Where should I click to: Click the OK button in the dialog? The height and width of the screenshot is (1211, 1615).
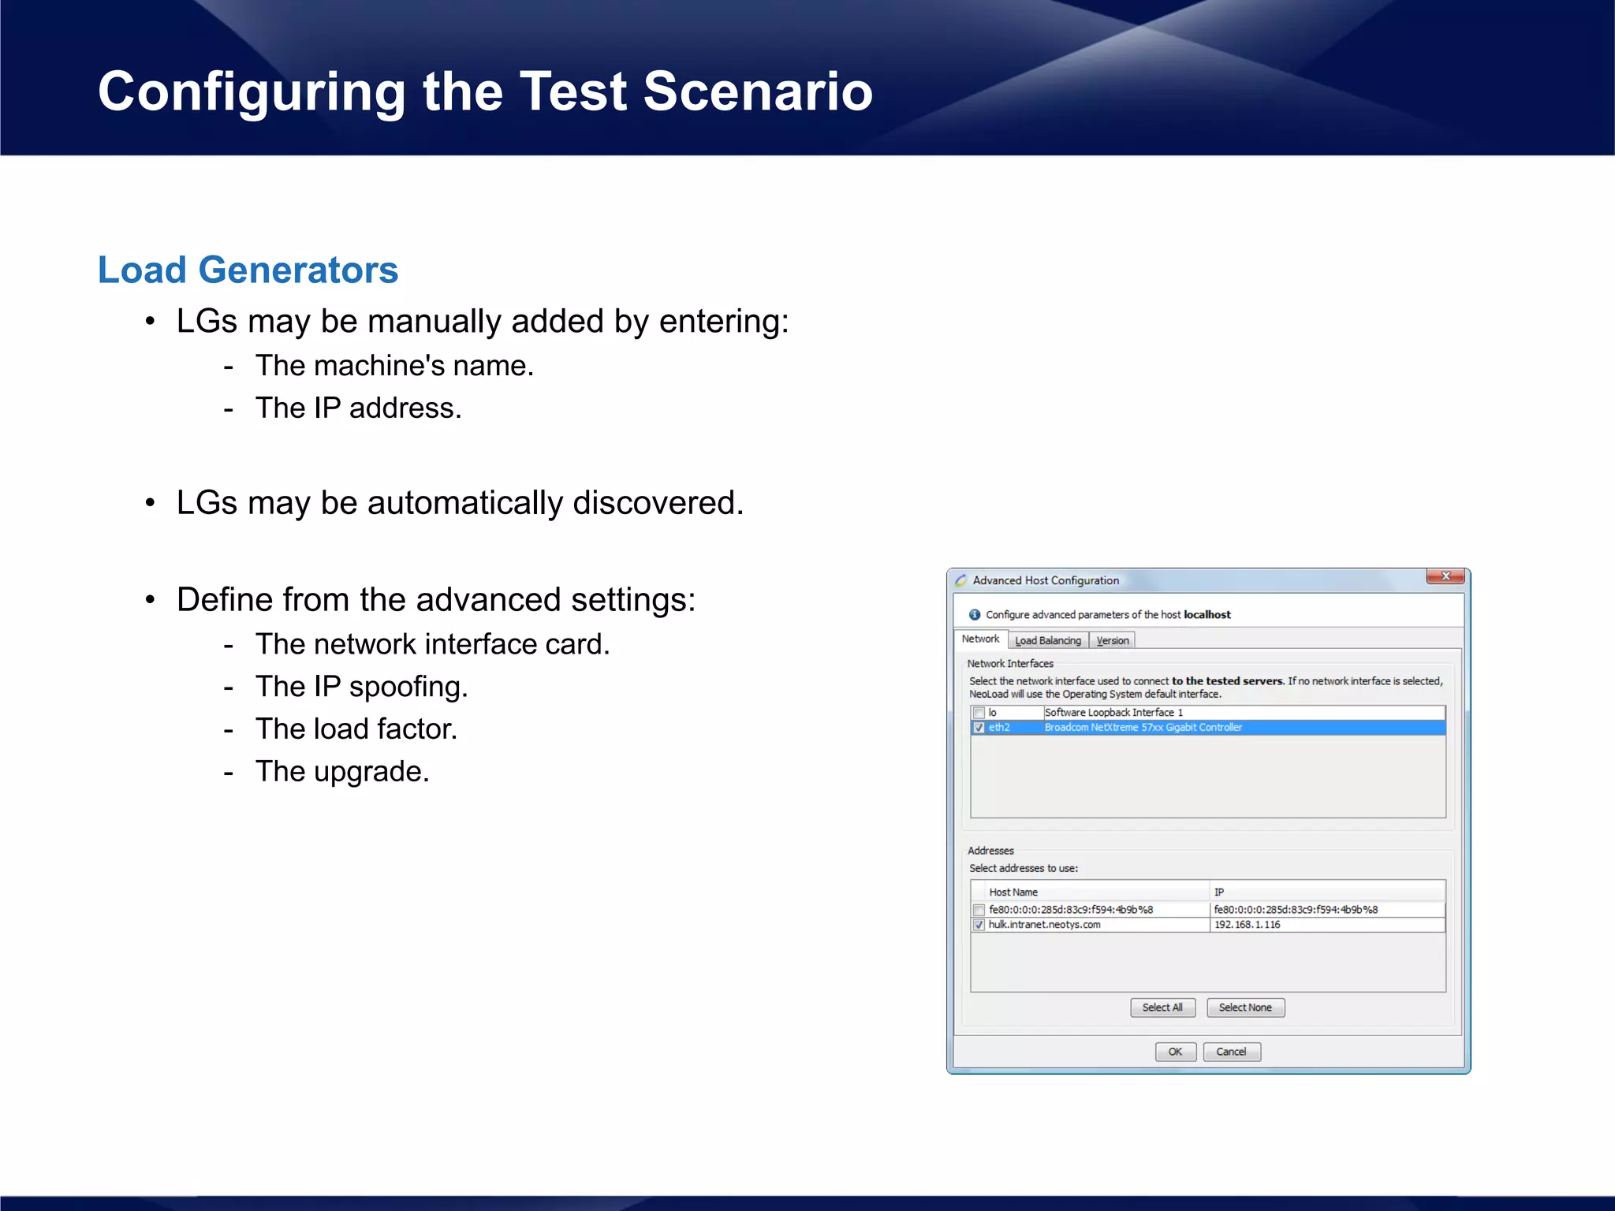click(1175, 1052)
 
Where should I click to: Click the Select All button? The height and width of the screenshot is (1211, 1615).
click(1162, 1008)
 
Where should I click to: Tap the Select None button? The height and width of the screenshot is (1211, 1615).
click(1245, 1008)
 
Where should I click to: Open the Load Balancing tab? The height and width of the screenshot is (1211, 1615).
click(1047, 640)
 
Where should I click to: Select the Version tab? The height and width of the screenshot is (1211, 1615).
click(1112, 640)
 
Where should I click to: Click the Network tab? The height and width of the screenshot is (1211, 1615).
click(980, 639)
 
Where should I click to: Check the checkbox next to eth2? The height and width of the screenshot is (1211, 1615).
click(979, 728)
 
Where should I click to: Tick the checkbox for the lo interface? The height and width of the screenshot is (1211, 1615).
click(979, 713)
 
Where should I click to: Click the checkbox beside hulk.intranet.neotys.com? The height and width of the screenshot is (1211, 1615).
click(979, 925)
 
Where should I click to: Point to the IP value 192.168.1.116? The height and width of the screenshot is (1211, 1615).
click(1247, 925)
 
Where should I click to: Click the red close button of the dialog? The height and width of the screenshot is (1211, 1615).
click(1445, 576)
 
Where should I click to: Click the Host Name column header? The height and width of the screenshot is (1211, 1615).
click(1013, 892)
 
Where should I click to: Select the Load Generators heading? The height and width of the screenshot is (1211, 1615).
click(248, 270)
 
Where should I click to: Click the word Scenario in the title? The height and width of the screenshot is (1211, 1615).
click(758, 91)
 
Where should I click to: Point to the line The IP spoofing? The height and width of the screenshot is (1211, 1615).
click(361, 687)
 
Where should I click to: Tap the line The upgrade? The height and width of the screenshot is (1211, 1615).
click(342, 772)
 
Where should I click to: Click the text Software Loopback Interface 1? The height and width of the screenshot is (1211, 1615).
click(1113, 713)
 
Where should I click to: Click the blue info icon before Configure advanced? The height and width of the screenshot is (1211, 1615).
click(975, 615)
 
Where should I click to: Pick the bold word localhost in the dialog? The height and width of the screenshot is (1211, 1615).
click(1207, 615)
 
